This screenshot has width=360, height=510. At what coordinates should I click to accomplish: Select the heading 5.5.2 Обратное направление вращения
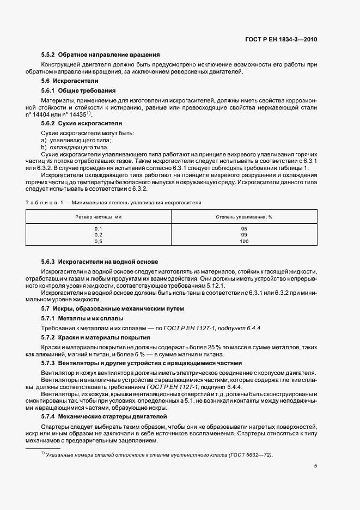pos(100,54)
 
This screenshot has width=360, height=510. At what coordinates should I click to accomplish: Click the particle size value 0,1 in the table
pos(98,228)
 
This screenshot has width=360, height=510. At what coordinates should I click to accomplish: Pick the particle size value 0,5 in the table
pos(98,240)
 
